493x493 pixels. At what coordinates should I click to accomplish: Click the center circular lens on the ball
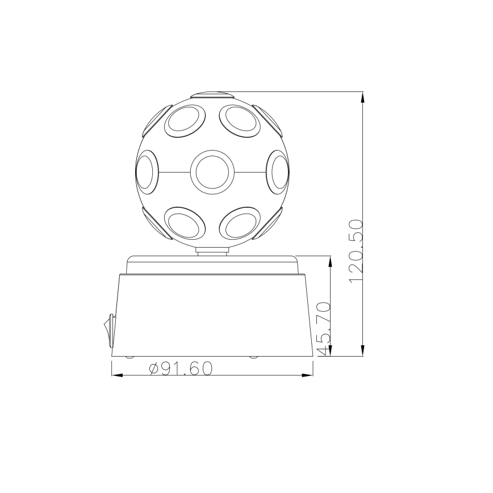[x=212, y=172]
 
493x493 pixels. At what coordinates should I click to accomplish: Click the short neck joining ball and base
[x=212, y=250]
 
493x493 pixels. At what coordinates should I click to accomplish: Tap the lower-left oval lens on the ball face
[x=183, y=224]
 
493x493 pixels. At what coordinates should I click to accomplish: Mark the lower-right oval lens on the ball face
[x=240, y=224]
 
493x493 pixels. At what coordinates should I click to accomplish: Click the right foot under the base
[x=253, y=357]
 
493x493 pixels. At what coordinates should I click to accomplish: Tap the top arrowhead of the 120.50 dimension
[x=363, y=97]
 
